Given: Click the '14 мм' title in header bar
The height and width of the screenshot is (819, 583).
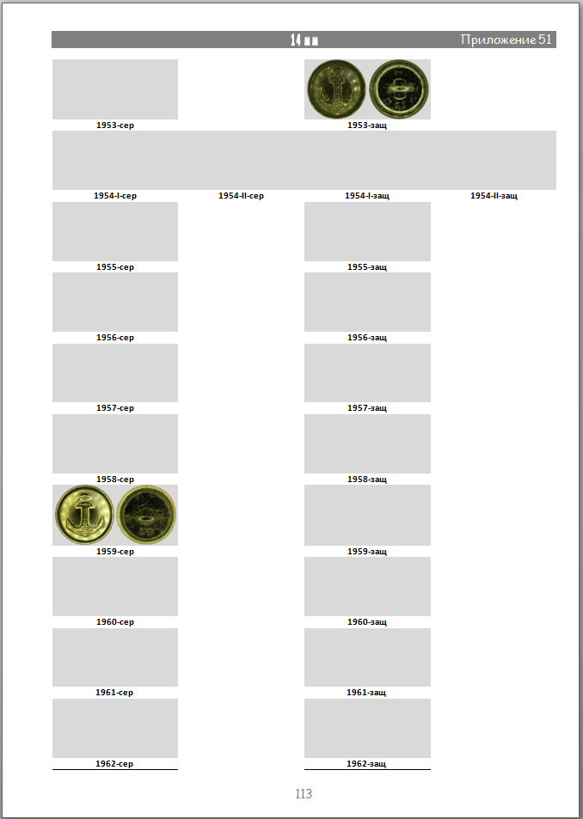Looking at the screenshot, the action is click(304, 40).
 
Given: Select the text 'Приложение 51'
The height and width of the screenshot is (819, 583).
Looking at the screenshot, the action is click(506, 40).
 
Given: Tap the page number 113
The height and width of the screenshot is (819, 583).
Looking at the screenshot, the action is click(304, 794).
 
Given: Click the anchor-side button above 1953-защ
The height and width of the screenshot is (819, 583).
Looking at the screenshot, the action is click(336, 89).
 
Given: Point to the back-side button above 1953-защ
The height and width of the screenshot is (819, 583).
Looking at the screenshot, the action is click(399, 89).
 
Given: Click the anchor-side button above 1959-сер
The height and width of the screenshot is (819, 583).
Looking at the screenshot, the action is click(84, 515).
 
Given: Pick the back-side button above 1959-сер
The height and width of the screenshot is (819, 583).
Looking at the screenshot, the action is click(146, 515).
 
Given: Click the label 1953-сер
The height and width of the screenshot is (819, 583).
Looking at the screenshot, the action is click(115, 125).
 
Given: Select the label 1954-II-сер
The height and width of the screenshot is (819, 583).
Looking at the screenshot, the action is click(241, 196).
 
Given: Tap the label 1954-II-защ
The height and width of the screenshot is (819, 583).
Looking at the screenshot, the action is click(494, 196).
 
